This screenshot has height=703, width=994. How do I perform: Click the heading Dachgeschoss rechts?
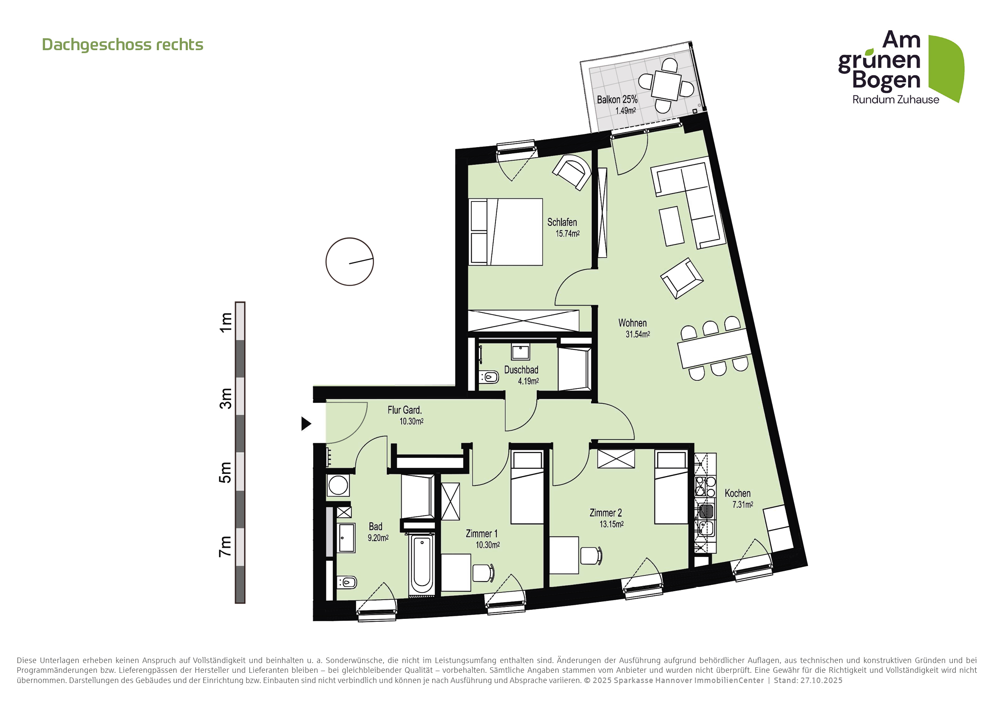pyautogui.click(x=122, y=45)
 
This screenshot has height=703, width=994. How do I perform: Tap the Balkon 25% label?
pyautogui.click(x=617, y=100)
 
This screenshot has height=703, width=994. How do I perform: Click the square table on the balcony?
pyautogui.click(x=667, y=85)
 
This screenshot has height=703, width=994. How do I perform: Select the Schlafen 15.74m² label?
pyautogui.click(x=563, y=227)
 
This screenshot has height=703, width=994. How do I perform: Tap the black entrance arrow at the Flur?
pyautogui.click(x=306, y=423)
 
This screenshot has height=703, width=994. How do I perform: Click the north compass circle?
pyautogui.click(x=349, y=261)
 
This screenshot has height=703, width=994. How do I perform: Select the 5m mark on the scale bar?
pyautogui.click(x=226, y=472)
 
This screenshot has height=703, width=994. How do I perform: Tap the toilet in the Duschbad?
pyautogui.click(x=489, y=377)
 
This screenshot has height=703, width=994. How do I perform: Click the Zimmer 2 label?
pyautogui.click(x=606, y=513)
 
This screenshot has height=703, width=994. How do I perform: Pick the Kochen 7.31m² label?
pyautogui.click(x=739, y=498)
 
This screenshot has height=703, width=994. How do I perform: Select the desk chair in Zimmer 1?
pyautogui.click(x=483, y=573)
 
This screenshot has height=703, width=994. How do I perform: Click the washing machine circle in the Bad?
pyautogui.click(x=338, y=485)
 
